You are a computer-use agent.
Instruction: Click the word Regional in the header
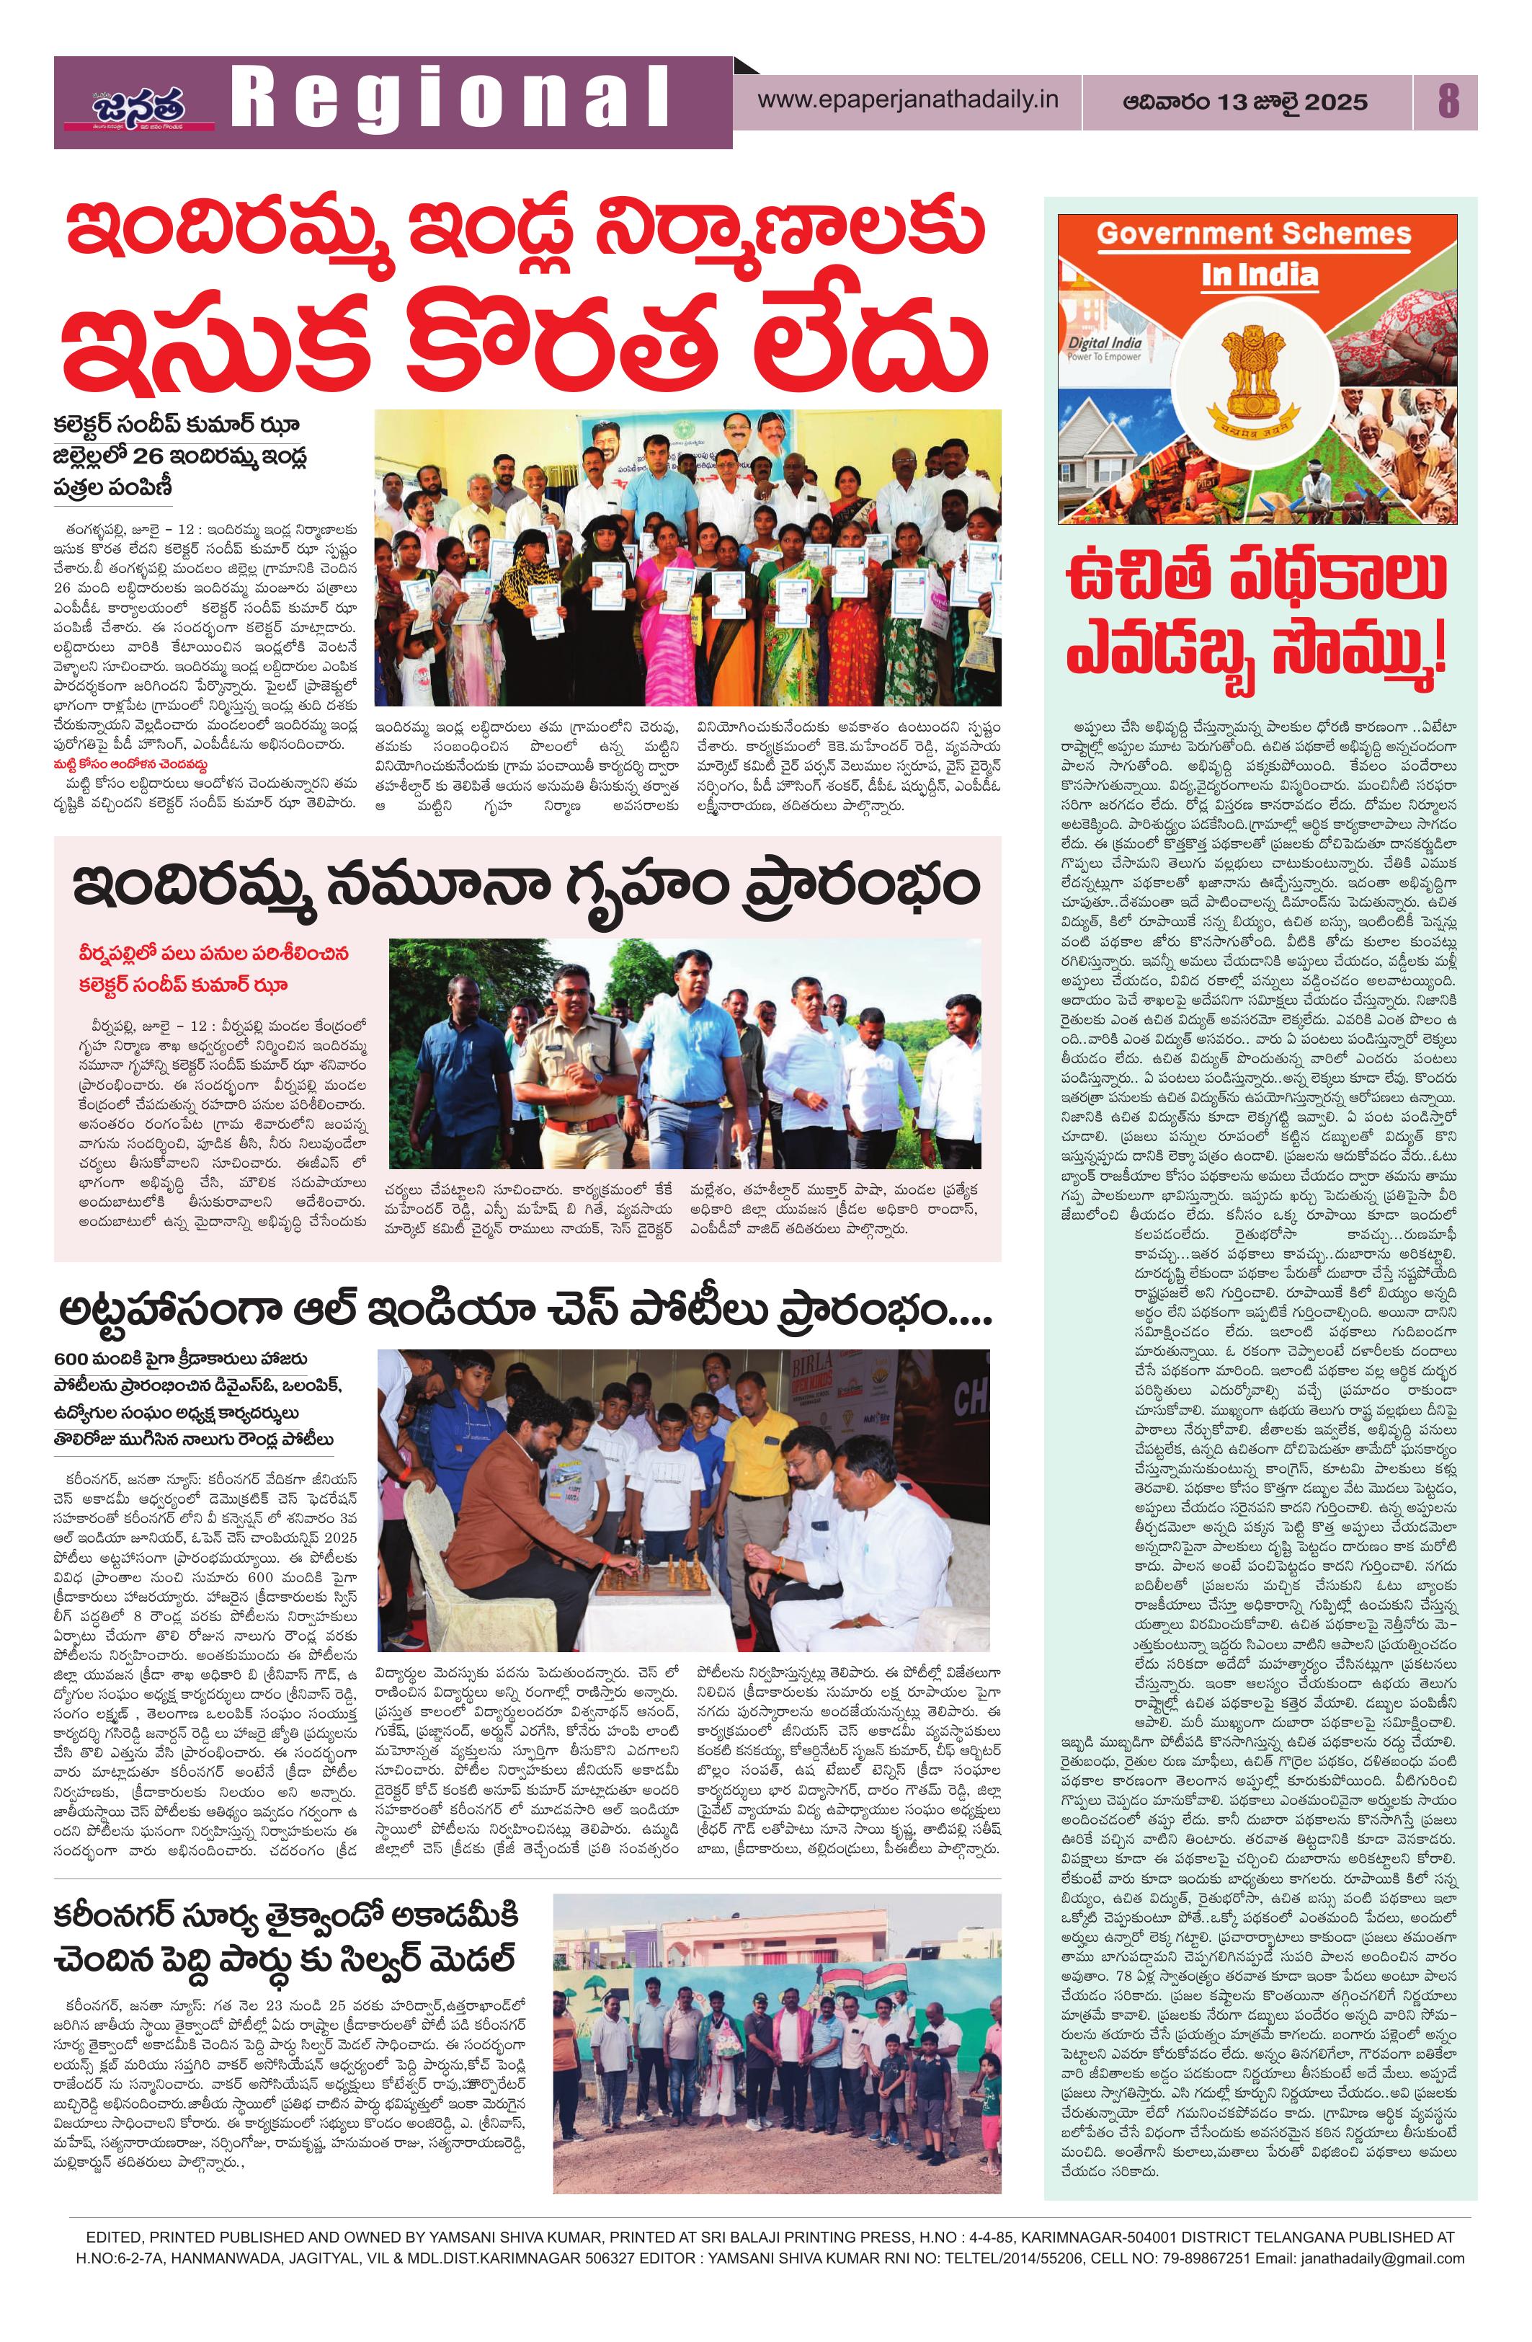447,102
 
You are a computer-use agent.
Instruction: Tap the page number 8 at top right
1448,102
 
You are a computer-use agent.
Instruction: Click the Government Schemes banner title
1254,234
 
